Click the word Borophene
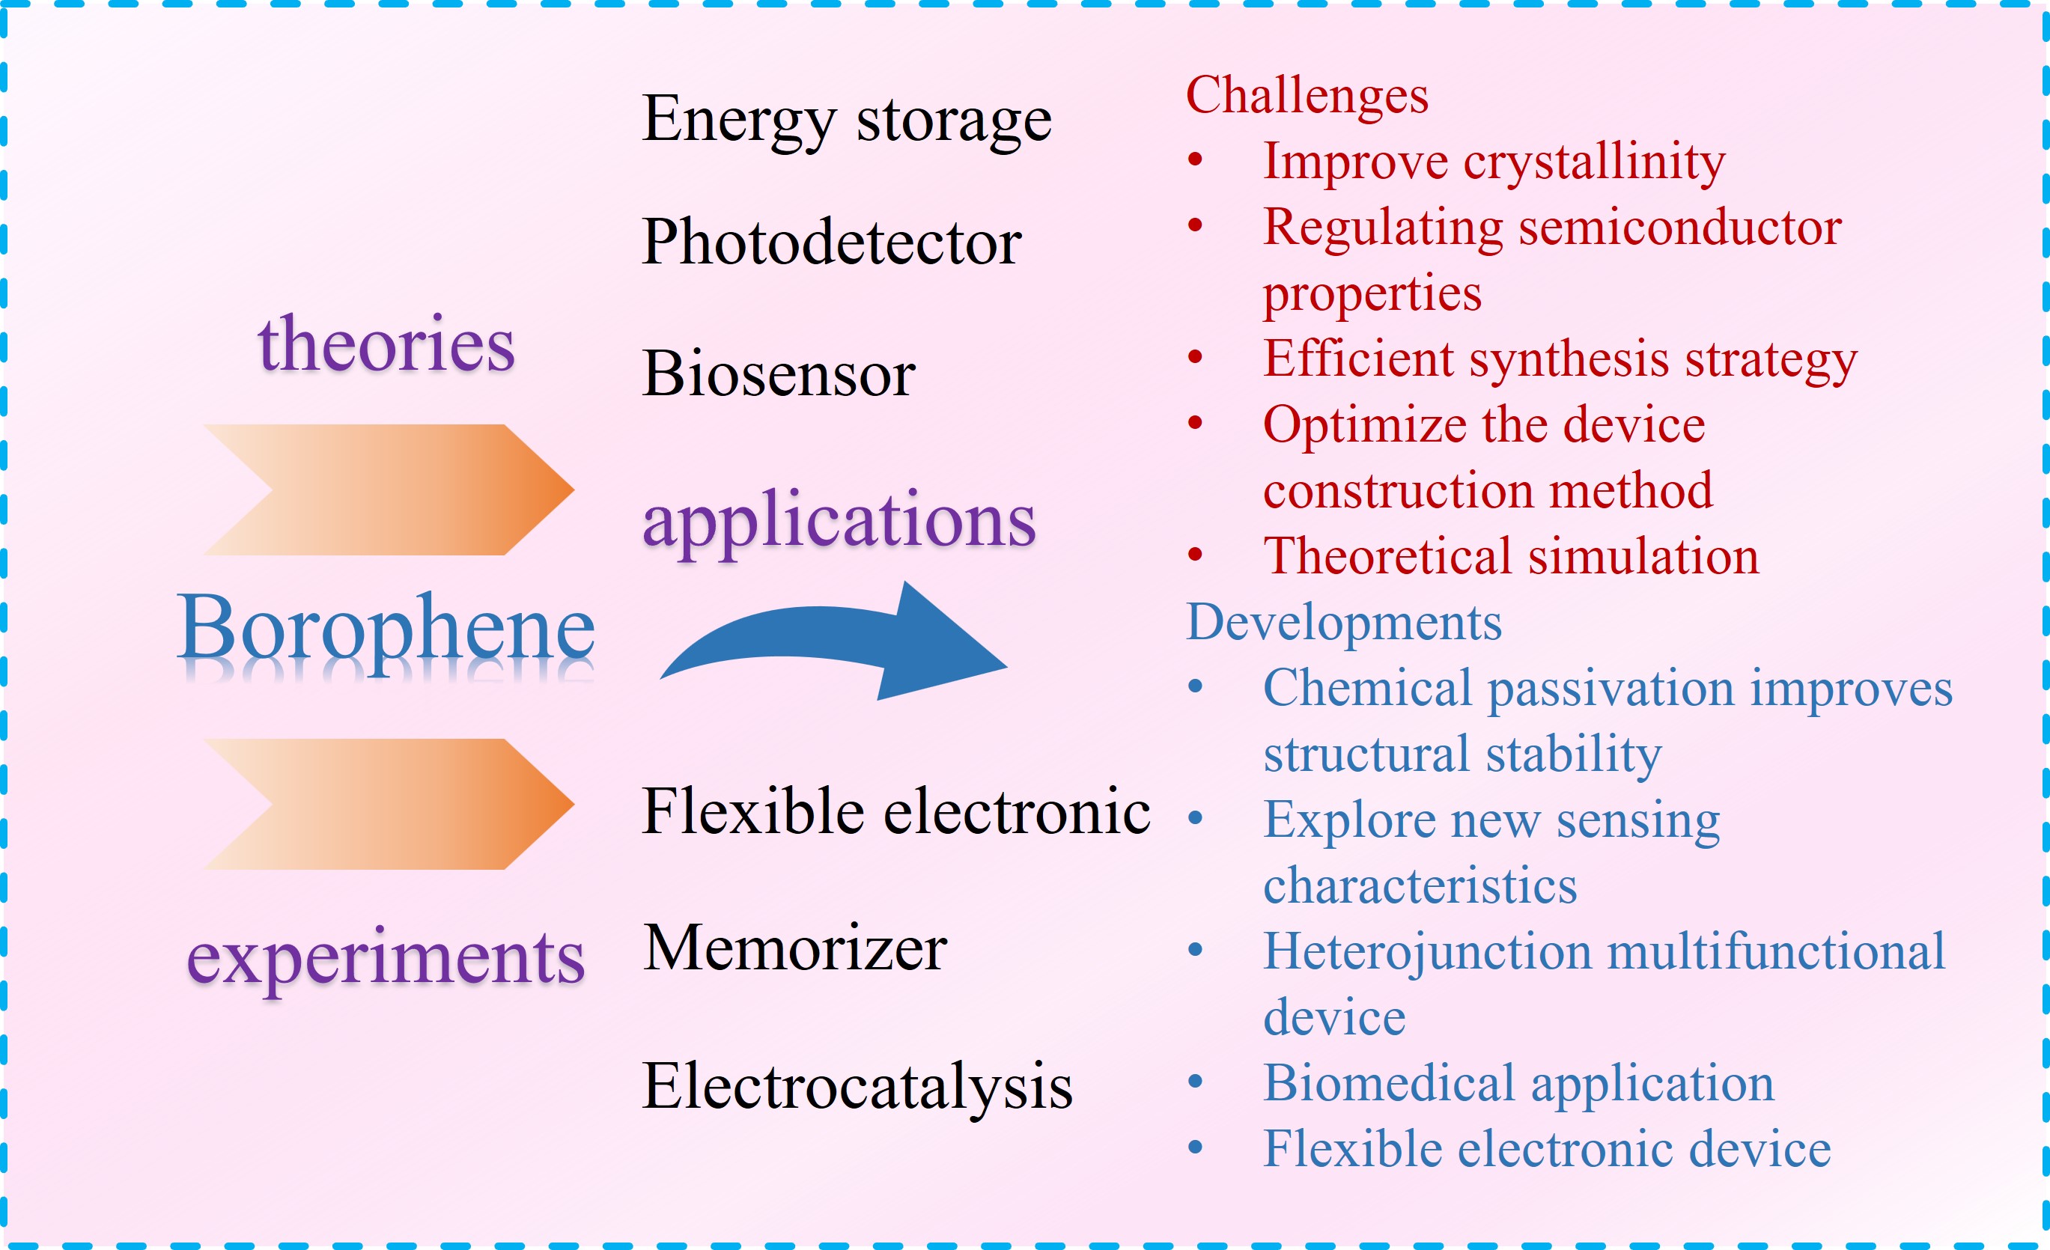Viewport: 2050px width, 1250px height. [387, 632]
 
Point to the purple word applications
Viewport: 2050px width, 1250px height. [839, 522]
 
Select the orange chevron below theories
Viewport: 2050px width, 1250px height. [389, 490]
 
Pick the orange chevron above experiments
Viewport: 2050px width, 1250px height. [389, 804]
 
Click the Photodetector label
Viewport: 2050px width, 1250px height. [832, 242]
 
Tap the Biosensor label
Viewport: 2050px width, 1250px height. [779, 374]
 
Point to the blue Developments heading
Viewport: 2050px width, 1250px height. [1344, 624]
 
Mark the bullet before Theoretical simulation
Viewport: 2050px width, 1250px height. [1196, 555]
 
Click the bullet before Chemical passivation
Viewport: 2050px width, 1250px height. [1196, 686]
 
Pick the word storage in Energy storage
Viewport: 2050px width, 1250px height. [955, 121]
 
